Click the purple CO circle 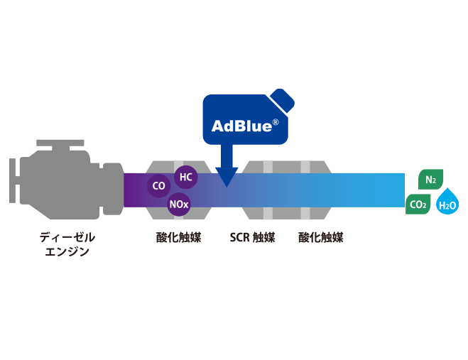click(158, 187)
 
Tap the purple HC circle click(185, 177)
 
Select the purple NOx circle click(178, 205)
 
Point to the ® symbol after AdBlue click(275, 122)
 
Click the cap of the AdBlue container click(282, 100)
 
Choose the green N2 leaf click(430, 180)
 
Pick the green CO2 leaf click(418, 205)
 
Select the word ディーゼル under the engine click(67, 237)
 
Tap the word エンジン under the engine click(67, 250)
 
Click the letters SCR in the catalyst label click(239, 237)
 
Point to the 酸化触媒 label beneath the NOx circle click(178, 237)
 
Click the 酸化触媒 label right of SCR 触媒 click(321, 237)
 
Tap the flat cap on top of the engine click(60, 144)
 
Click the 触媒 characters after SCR click(263, 237)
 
